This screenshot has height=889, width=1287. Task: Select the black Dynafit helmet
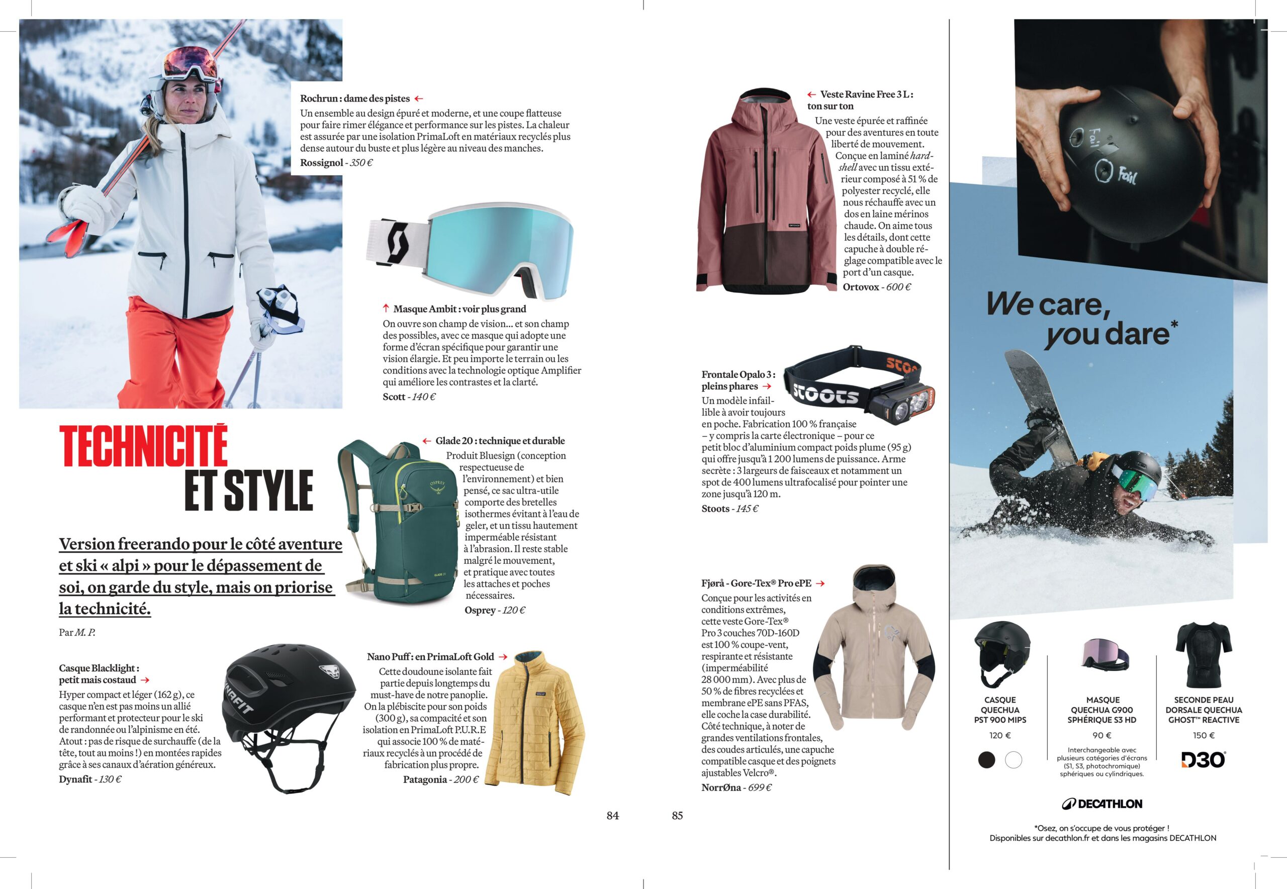coord(290,713)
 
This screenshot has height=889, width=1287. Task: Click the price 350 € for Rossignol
coord(361,163)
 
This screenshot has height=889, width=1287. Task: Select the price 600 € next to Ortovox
coord(898,287)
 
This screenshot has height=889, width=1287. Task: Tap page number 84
coord(612,816)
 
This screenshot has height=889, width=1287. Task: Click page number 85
coord(677,816)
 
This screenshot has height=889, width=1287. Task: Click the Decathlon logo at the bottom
coord(1101,804)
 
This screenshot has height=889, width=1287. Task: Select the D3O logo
coord(1203,760)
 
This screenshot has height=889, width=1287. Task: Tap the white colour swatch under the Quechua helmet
coord(1013,760)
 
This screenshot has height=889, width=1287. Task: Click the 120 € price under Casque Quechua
coord(999,735)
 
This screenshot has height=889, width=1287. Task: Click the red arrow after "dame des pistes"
coord(418,98)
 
